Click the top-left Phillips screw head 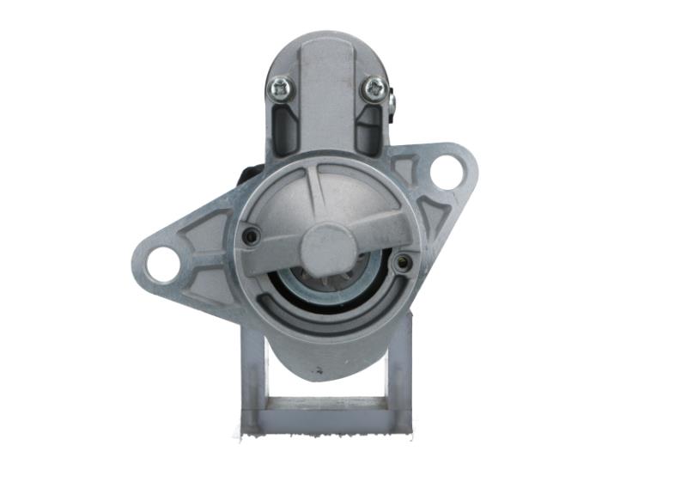(281, 86)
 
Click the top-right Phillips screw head (374, 87)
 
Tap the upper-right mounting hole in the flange (446, 172)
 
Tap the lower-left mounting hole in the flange (161, 264)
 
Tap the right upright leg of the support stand (399, 369)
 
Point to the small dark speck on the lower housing (319, 371)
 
